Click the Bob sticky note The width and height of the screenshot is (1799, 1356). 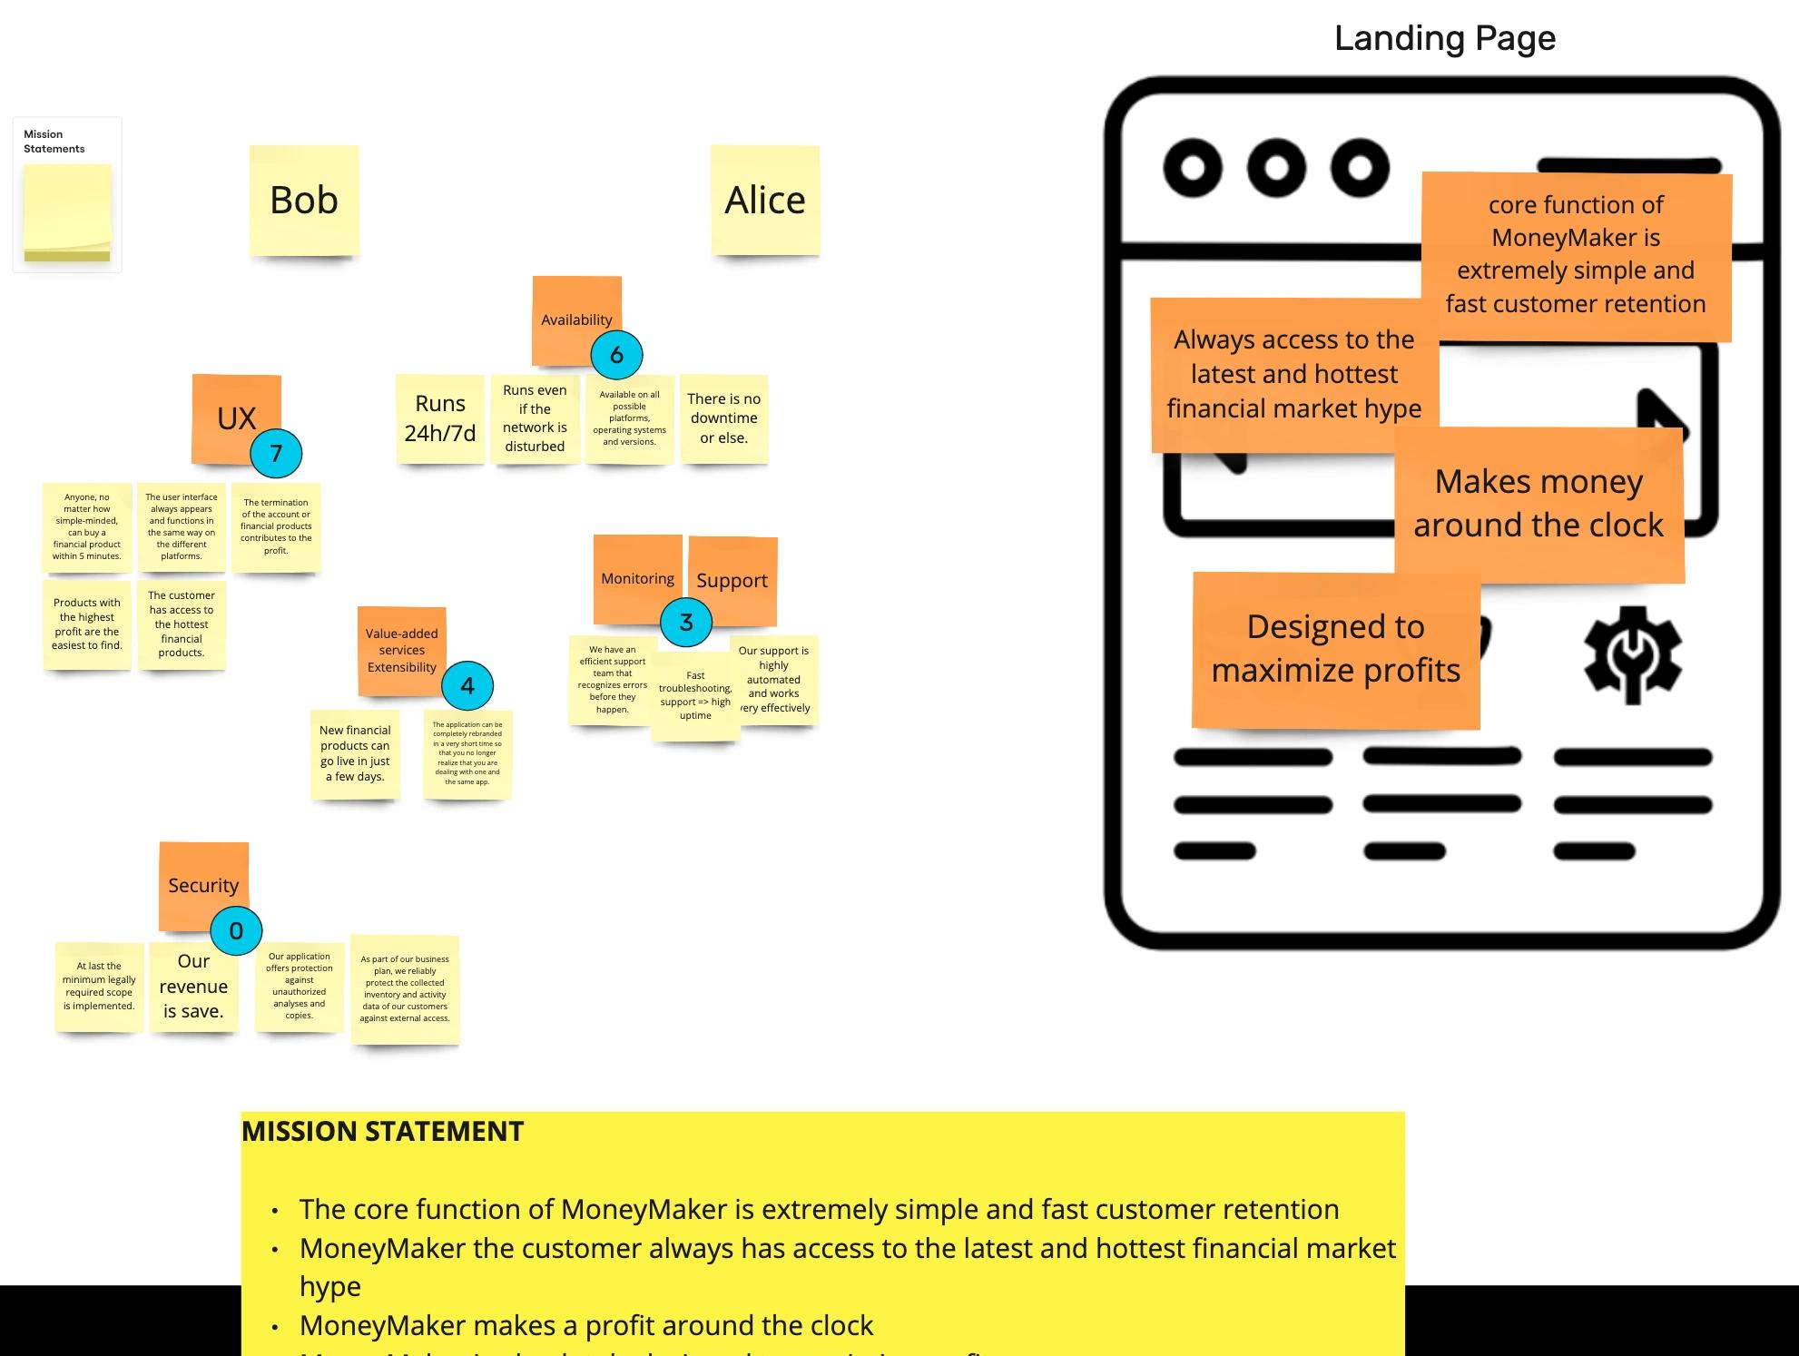tap(304, 201)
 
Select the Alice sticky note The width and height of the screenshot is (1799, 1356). tap(765, 201)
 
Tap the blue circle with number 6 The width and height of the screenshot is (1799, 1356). tap(616, 355)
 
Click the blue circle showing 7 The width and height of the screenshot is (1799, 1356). tap(276, 454)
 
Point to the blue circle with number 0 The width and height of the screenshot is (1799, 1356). tap(236, 930)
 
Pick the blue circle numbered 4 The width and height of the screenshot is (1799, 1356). tap(467, 686)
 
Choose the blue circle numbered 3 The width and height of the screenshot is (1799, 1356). tap(686, 623)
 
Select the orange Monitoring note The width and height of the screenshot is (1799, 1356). tap(636, 572)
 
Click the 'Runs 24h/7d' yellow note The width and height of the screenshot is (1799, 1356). tap(440, 418)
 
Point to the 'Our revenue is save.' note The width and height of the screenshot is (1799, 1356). tap(193, 987)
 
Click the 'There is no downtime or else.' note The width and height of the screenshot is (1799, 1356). tap(723, 418)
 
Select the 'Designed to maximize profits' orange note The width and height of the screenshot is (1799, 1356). tap(1335, 649)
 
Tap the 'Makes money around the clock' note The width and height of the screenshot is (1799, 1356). tap(1538, 504)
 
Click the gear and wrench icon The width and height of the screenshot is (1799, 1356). tap(1632, 654)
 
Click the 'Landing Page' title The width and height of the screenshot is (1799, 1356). tap(1445, 38)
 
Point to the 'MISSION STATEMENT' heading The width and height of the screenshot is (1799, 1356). tap(383, 1132)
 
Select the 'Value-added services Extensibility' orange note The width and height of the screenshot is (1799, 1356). tap(401, 650)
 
